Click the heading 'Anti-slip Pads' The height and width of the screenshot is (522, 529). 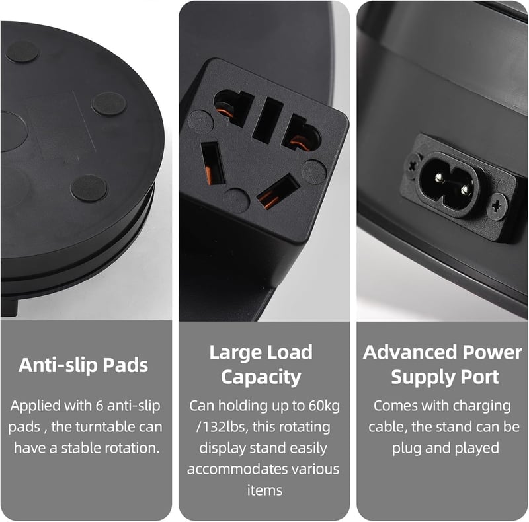coord(83,365)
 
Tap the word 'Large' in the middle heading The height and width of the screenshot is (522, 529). coord(235,353)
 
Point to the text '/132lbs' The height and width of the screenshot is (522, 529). coord(222,428)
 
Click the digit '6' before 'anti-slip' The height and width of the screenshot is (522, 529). coord(99,406)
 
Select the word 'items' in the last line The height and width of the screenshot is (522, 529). coord(264,490)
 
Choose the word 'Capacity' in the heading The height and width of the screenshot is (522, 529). coord(261,378)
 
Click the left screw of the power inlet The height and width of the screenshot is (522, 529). coord(413,166)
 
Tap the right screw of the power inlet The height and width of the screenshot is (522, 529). coord(497,206)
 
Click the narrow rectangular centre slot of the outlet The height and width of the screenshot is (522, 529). coord(267,120)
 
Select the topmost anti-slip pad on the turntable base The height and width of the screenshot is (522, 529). coord(22,52)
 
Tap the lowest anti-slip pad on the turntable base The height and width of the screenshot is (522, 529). coord(89,188)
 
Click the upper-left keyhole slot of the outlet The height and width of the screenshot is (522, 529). coord(233,107)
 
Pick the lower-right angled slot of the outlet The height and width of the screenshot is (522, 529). coord(278,192)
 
